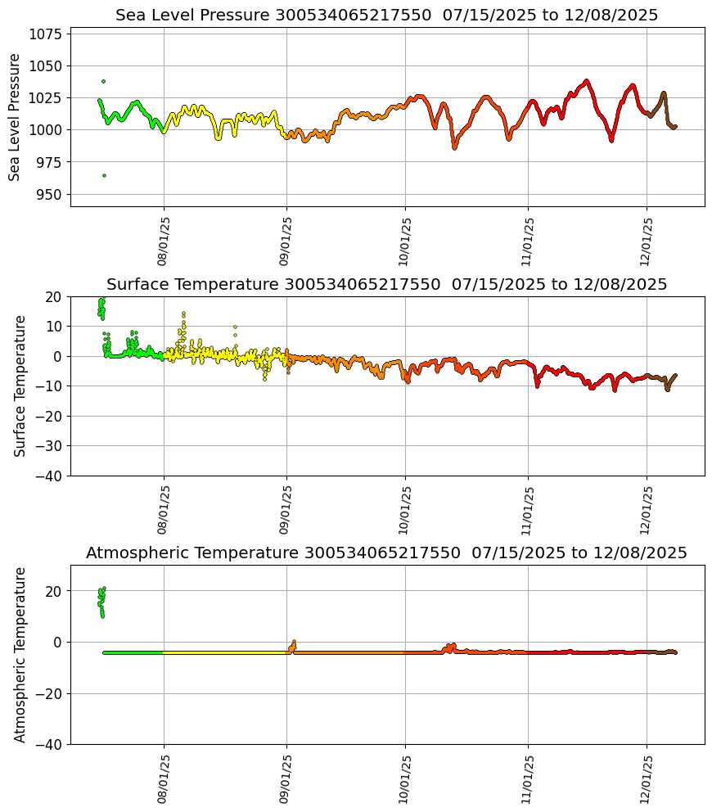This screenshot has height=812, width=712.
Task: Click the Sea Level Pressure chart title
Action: [386, 16]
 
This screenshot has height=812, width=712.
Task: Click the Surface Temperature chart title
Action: [386, 285]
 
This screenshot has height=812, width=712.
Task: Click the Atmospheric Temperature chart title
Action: [386, 553]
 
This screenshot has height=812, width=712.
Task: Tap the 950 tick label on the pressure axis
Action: [50, 194]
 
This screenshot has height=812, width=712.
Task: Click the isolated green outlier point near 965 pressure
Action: [104, 175]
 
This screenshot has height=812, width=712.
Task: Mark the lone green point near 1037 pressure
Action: [103, 81]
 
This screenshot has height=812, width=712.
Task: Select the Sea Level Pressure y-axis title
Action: [15, 117]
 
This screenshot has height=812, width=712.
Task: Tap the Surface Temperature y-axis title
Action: [20, 386]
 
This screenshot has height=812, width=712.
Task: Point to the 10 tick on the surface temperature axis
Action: [54, 327]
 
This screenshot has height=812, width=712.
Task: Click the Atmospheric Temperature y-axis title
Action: [20, 654]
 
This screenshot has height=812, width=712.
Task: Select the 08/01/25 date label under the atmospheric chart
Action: [163, 778]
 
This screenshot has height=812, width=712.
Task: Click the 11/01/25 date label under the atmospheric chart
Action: [528, 778]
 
